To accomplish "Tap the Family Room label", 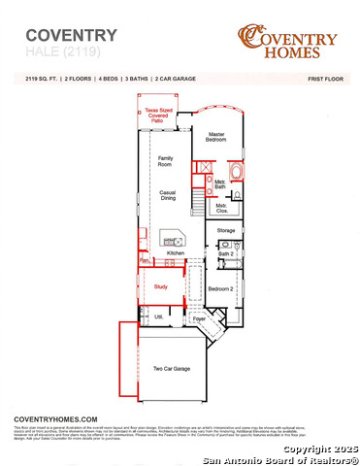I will tap(166, 161).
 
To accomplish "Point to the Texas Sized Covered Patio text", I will tap(159, 114).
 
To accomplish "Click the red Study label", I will tap(161, 286).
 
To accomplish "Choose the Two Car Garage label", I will tap(171, 369).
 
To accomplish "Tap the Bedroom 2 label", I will tap(220, 288).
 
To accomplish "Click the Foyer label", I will tap(199, 317).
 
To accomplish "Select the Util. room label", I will tap(158, 316).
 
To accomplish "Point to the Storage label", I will tap(225, 230).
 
